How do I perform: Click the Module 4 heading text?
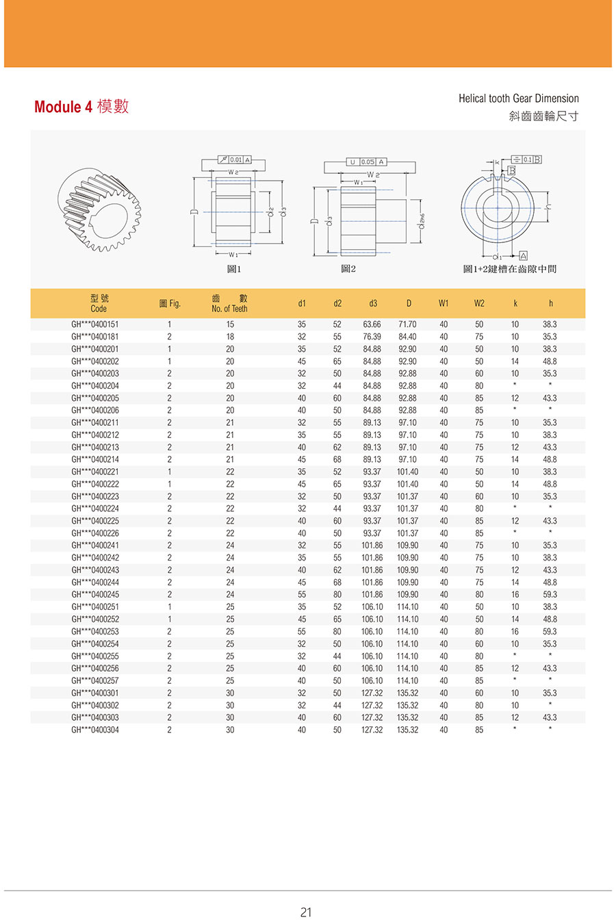click(x=81, y=107)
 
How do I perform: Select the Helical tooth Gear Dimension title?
click(x=518, y=99)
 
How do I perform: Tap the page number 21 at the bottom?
click(x=306, y=912)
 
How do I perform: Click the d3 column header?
click(x=372, y=303)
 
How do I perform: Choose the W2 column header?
click(x=479, y=303)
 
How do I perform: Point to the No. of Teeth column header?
click(x=229, y=303)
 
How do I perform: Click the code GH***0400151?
click(x=95, y=324)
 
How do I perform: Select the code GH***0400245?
click(x=95, y=595)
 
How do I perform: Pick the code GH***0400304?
click(x=95, y=730)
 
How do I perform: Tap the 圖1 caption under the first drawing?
click(x=234, y=269)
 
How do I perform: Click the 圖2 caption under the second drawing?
click(x=348, y=269)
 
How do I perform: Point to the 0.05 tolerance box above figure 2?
click(x=368, y=162)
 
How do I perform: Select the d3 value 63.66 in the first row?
click(x=372, y=324)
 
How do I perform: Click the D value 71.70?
click(x=407, y=324)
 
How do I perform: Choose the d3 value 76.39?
click(x=372, y=337)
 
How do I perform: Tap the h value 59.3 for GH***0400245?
click(x=550, y=595)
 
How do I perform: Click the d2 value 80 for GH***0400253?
click(x=337, y=632)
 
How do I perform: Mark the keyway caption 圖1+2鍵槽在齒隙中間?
click(x=510, y=269)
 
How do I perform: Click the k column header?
click(x=515, y=303)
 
